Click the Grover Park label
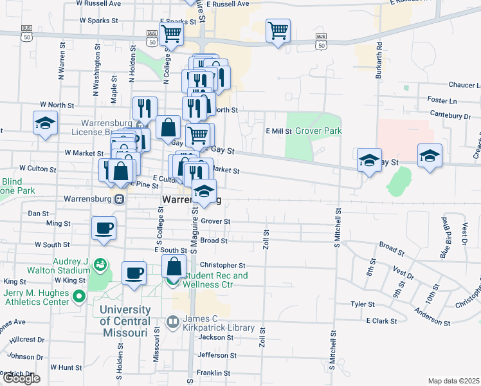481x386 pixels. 318,131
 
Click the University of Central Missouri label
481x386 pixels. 125,320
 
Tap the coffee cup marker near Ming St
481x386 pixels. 104,228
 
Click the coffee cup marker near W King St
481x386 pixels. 134,273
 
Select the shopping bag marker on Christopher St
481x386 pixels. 174,266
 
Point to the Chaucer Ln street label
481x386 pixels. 452,85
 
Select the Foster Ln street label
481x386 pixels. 441,100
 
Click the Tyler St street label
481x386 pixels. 362,304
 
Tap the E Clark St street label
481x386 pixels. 379,320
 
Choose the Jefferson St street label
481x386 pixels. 213,354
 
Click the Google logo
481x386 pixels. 21,378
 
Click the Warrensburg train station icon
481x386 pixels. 120,199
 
